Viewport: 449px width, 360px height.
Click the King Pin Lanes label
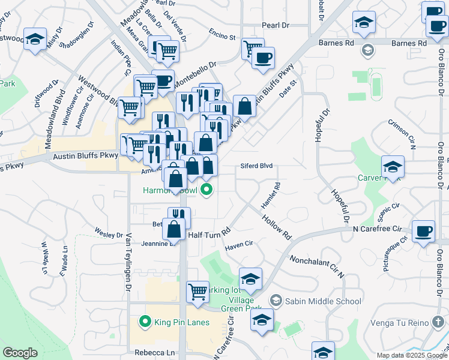(x=182, y=323)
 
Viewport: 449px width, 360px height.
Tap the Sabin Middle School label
(x=323, y=301)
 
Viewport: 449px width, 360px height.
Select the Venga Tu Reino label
(x=402, y=323)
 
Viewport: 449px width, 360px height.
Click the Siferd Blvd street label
(x=257, y=166)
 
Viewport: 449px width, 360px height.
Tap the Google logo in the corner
(x=20, y=353)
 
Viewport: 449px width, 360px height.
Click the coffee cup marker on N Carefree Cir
(x=424, y=231)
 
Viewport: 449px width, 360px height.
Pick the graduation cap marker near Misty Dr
(x=35, y=40)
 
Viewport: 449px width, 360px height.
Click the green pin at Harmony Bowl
(x=207, y=191)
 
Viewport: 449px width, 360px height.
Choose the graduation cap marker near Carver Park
(x=393, y=166)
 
